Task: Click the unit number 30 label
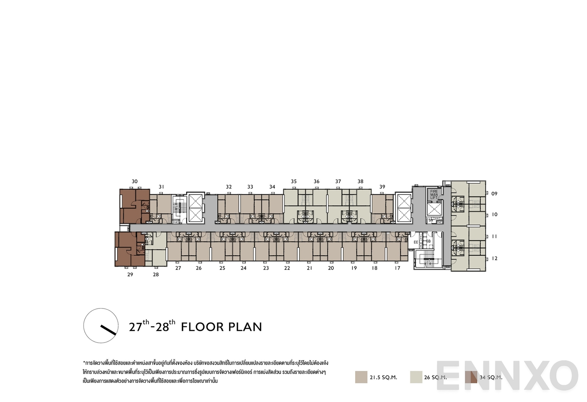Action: (135, 181)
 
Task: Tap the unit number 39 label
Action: (382, 187)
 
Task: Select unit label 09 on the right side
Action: (494, 194)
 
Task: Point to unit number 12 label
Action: (495, 259)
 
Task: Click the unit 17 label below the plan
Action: (397, 268)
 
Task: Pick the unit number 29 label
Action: (130, 274)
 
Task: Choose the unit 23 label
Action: (266, 268)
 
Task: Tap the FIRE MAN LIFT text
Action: (434, 194)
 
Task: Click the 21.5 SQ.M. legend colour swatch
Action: (361, 377)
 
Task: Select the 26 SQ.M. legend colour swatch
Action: (416, 377)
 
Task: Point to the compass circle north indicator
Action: (101, 325)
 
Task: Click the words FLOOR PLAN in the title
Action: (222, 327)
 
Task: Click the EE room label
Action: (416, 242)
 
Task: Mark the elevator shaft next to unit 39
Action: (404, 207)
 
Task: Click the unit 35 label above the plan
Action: (293, 181)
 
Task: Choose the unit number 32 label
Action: (229, 187)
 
